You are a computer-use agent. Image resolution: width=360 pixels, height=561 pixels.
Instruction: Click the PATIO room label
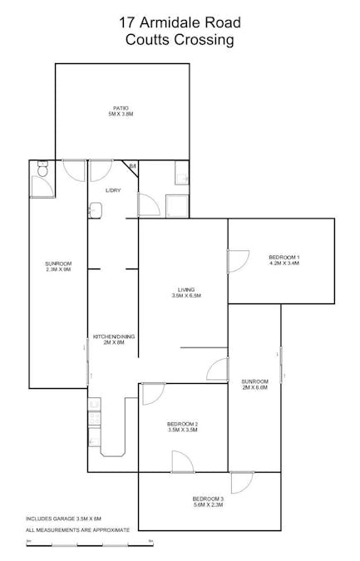pos(121,111)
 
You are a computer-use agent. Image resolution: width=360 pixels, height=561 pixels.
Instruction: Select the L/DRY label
pos(112,191)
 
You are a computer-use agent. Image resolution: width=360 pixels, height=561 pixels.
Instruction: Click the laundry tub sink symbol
pos(95,209)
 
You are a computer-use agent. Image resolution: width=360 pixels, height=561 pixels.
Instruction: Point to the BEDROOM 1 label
pos(284,259)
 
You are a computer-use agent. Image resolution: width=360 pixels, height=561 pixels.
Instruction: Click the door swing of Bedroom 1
pos(239,259)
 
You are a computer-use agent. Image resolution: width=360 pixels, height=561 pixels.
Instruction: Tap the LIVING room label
pos(185,293)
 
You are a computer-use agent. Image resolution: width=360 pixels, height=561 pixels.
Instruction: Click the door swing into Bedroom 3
pos(242,482)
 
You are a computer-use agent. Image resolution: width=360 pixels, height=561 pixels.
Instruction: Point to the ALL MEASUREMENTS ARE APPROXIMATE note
pos(77,529)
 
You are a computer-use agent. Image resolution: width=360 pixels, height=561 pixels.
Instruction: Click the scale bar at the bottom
pos(90,544)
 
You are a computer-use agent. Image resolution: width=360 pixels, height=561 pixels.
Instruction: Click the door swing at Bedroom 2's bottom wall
pos(181,460)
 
